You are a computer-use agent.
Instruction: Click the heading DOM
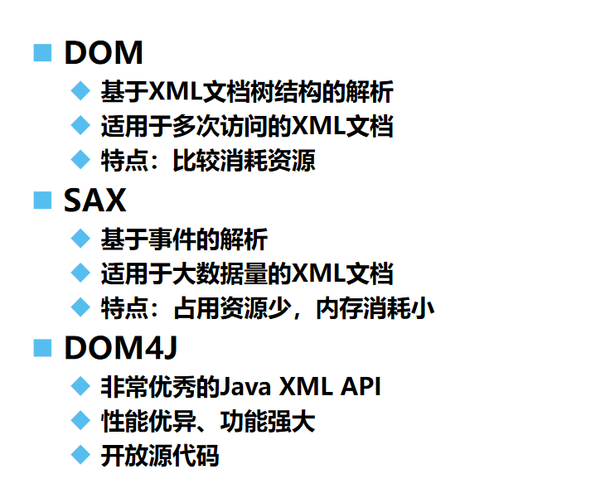[x=103, y=53]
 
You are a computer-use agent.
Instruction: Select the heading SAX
[x=94, y=201]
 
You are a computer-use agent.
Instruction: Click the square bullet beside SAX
[x=41, y=201]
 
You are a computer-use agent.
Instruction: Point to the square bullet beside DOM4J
[x=41, y=348]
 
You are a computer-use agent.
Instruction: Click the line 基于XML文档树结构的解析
[x=246, y=91]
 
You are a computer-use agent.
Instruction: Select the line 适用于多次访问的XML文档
[x=246, y=126]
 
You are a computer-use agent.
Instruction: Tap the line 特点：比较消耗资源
[x=207, y=160]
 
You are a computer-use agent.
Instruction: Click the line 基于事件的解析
[x=183, y=239]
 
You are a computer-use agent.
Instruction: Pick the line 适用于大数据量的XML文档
[x=246, y=273]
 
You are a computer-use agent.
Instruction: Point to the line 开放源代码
[x=159, y=456]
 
